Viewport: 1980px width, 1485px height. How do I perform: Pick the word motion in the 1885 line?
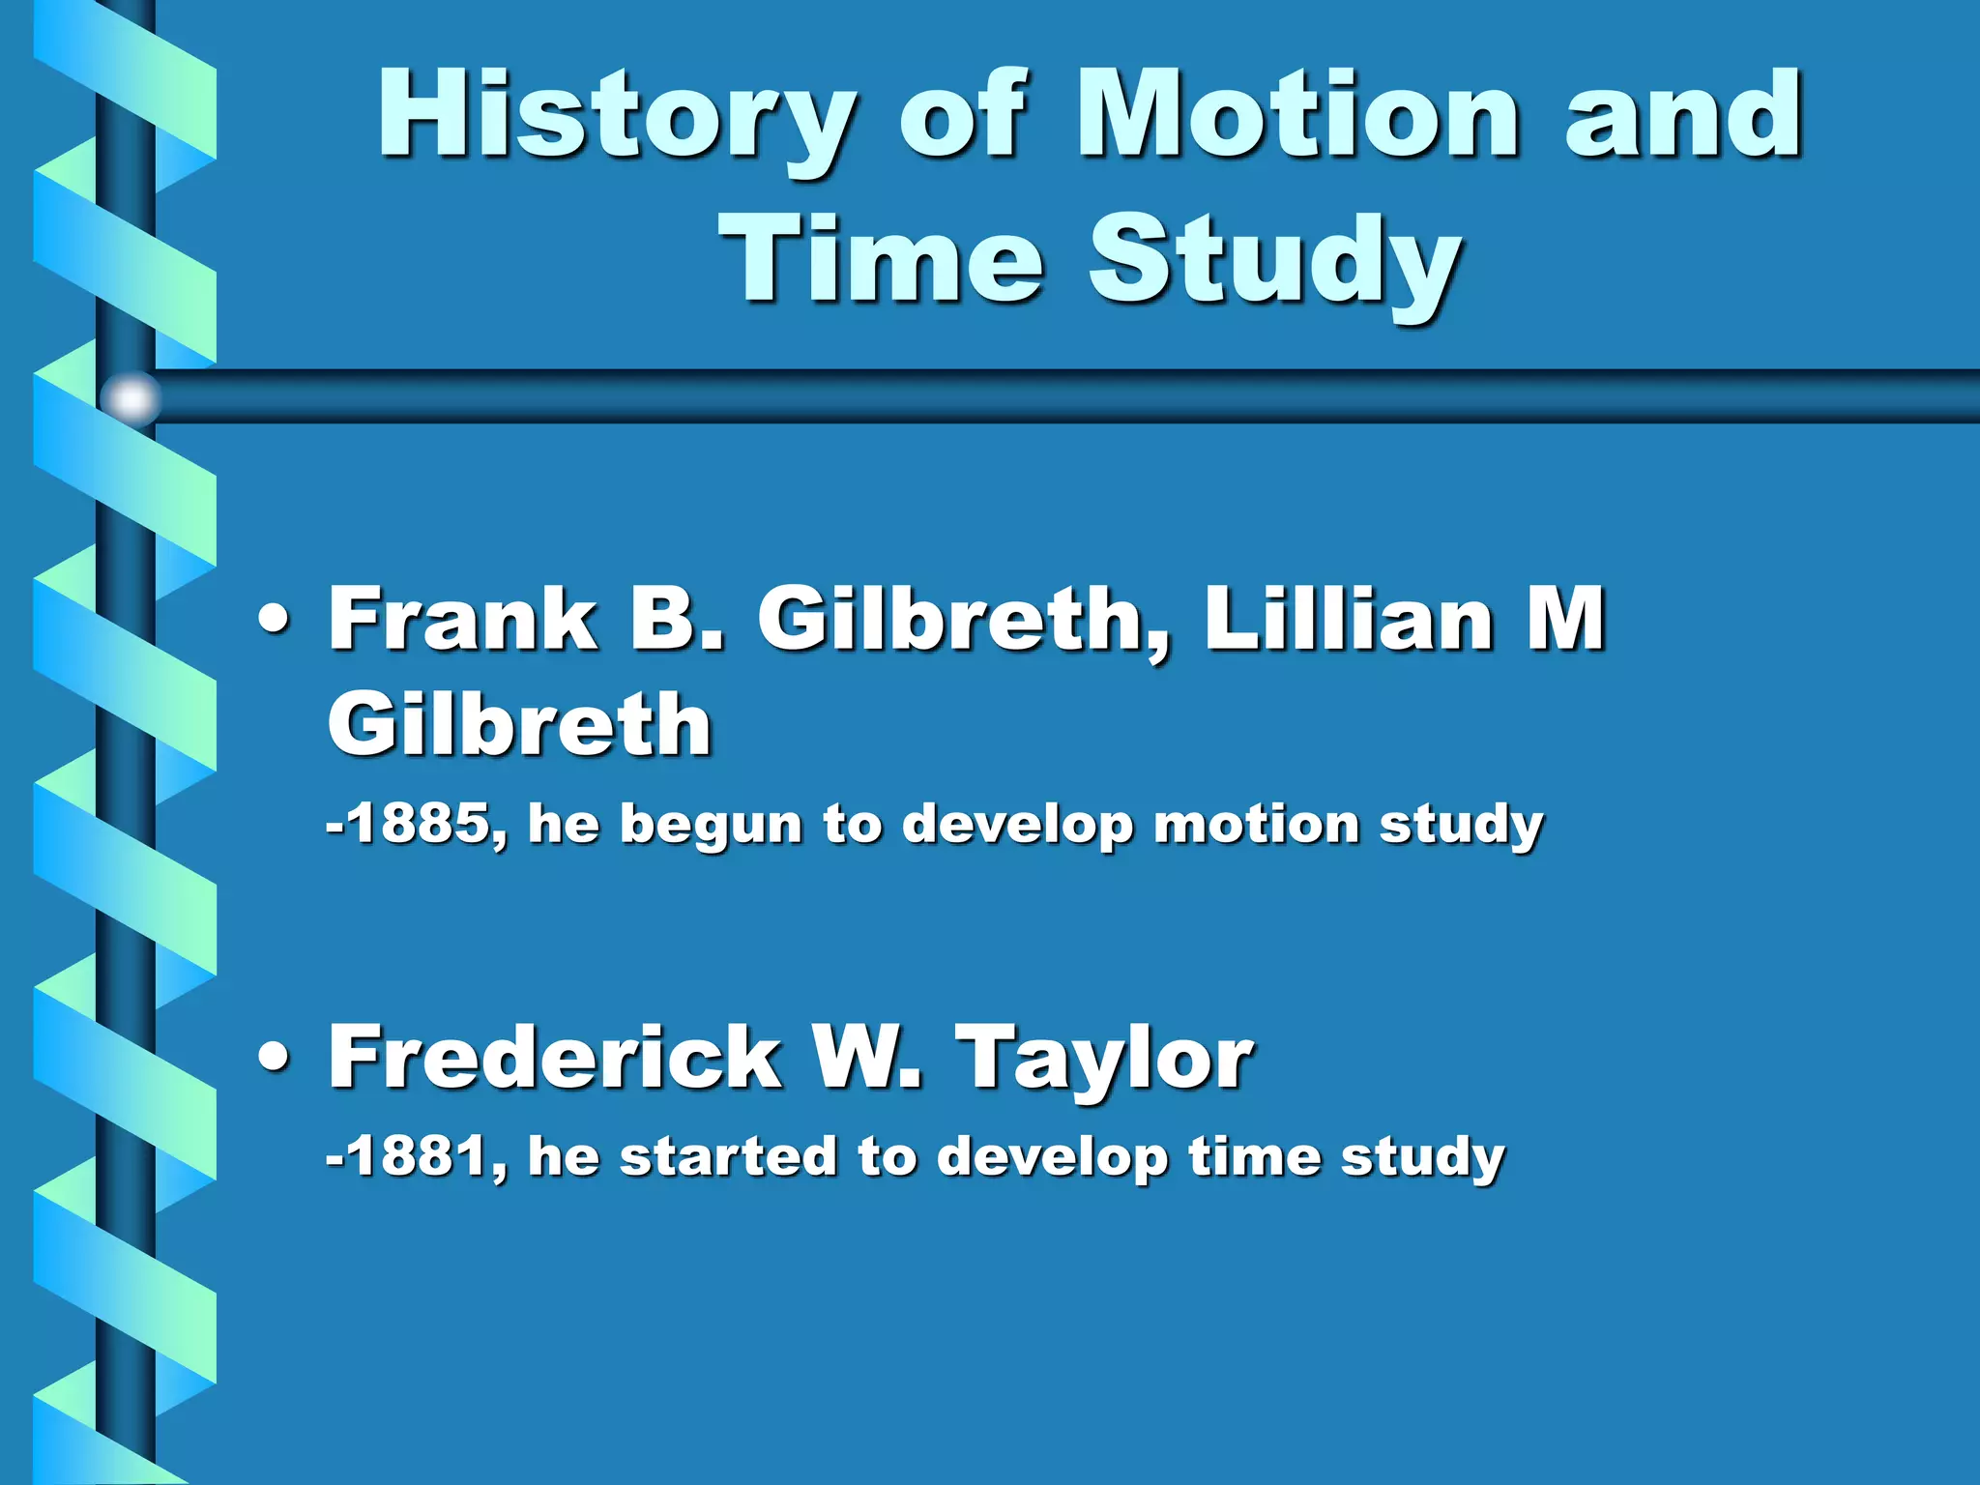[1257, 825]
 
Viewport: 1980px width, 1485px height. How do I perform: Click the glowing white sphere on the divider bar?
[131, 397]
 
